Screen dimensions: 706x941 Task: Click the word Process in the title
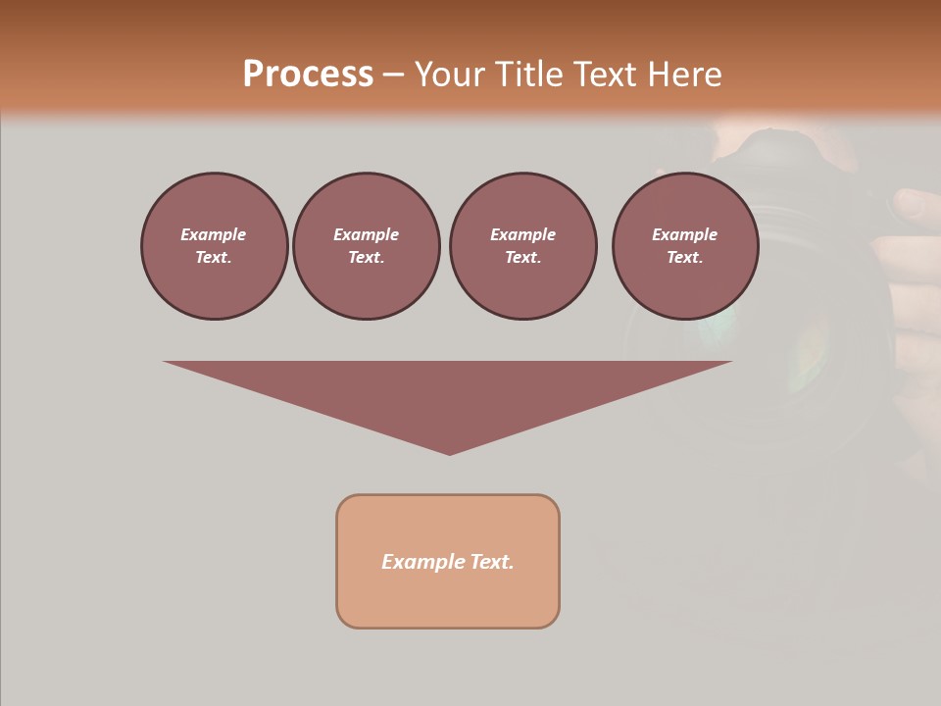[x=308, y=75]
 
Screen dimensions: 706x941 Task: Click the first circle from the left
[x=214, y=246]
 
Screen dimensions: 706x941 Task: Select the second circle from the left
[x=366, y=246]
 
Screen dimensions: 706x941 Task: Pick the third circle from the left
[x=522, y=246]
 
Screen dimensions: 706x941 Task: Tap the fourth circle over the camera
[x=685, y=246]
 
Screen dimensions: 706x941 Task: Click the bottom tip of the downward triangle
[x=449, y=452]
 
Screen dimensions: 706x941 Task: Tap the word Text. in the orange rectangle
[x=491, y=562]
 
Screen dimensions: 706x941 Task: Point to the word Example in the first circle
[x=214, y=234]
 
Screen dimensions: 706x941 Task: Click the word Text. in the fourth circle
[x=685, y=258]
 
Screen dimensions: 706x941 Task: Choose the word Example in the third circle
[x=522, y=234]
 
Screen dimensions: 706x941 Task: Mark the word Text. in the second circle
[x=366, y=258]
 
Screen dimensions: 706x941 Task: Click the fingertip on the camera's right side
[x=914, y=204]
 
